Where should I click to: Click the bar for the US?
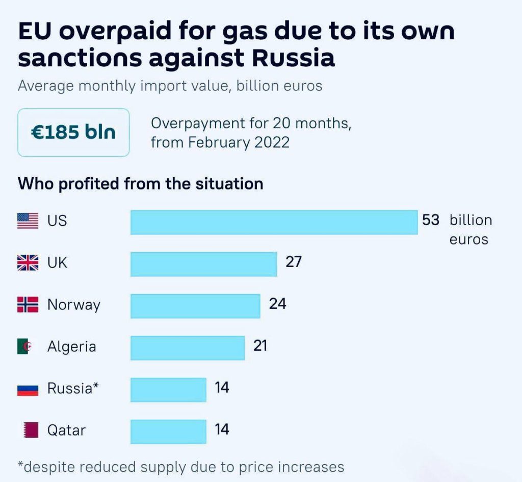[x=274, y=222]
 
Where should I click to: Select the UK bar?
[x=203, y=264]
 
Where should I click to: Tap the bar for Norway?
[x=195, y=306]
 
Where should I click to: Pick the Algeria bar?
[x=187, y=348]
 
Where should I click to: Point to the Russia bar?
[x=168, y=390]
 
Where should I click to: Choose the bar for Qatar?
[x=168, y=431]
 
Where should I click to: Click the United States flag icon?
[x=28, y=221]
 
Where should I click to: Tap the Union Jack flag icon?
[x=28, y=263]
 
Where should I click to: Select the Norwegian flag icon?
[x=28, y=305]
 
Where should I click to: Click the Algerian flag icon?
[x=28, y=347]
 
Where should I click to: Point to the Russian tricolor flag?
[x=28, y=389]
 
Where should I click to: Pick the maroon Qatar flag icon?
[x=30, y=430]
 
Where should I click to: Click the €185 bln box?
[x=73, y=132]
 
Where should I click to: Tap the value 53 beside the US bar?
[x=430, y=220]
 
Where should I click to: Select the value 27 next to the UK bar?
[x=294, y=262]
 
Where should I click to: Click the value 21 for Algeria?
[x=260, y=346]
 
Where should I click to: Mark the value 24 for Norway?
[x=277, y=304]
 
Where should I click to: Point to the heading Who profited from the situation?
[x=141, y=183]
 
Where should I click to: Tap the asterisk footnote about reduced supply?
[x=181, y=467]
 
